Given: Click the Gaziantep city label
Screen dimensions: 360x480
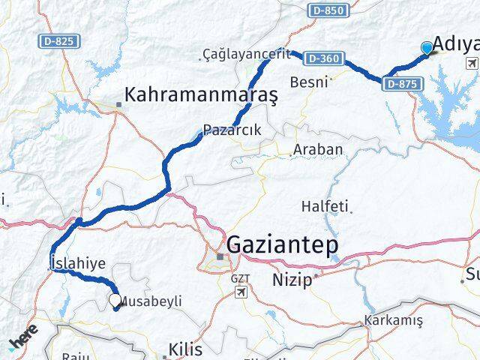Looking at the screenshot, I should (x=282, y=245).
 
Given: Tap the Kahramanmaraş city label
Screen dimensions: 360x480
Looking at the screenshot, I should (x=202, y=95).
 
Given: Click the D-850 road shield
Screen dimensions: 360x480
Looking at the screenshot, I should (x=328, y=10).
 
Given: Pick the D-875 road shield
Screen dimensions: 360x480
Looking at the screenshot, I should (x=401, y=84).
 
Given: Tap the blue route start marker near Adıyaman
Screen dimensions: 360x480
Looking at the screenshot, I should (x=427, y=48).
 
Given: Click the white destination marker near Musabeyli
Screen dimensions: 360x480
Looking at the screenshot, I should (x=115, y=301).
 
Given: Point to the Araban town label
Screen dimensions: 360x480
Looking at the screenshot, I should (x=318, y=149).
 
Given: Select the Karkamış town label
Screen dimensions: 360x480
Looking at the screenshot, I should (x=393, y=320).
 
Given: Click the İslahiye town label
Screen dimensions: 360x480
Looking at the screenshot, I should (x=77, y=262).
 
